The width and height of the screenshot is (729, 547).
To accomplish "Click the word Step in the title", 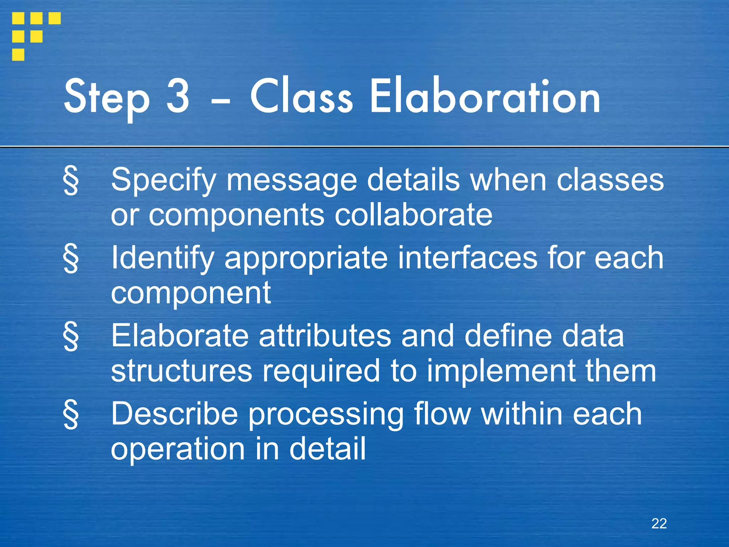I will pyautogui.click(x=106, y=98).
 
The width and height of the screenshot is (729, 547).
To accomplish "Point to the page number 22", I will pyautogui.click(x=659, y=523).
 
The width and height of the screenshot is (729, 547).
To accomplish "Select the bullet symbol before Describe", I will pyautogui.click(x=71, y=415).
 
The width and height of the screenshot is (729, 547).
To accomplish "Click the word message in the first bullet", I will pyautogui.click(x=292, y=181).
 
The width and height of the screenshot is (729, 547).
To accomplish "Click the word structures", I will pyautogui.click(x=182, y=371).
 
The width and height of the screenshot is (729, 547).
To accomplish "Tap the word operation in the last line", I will pyautogui.click(x=178, y=449).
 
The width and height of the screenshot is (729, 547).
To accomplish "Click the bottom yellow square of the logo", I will pyautogui.click(x=18, y=55).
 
